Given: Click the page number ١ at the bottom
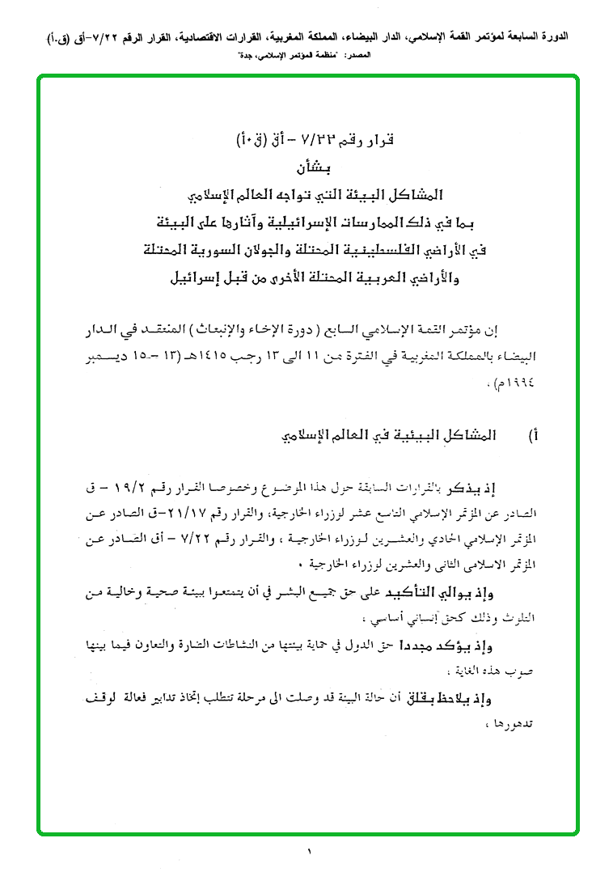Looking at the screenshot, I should (308, 850).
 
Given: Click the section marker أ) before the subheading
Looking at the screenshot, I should (534, 437).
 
